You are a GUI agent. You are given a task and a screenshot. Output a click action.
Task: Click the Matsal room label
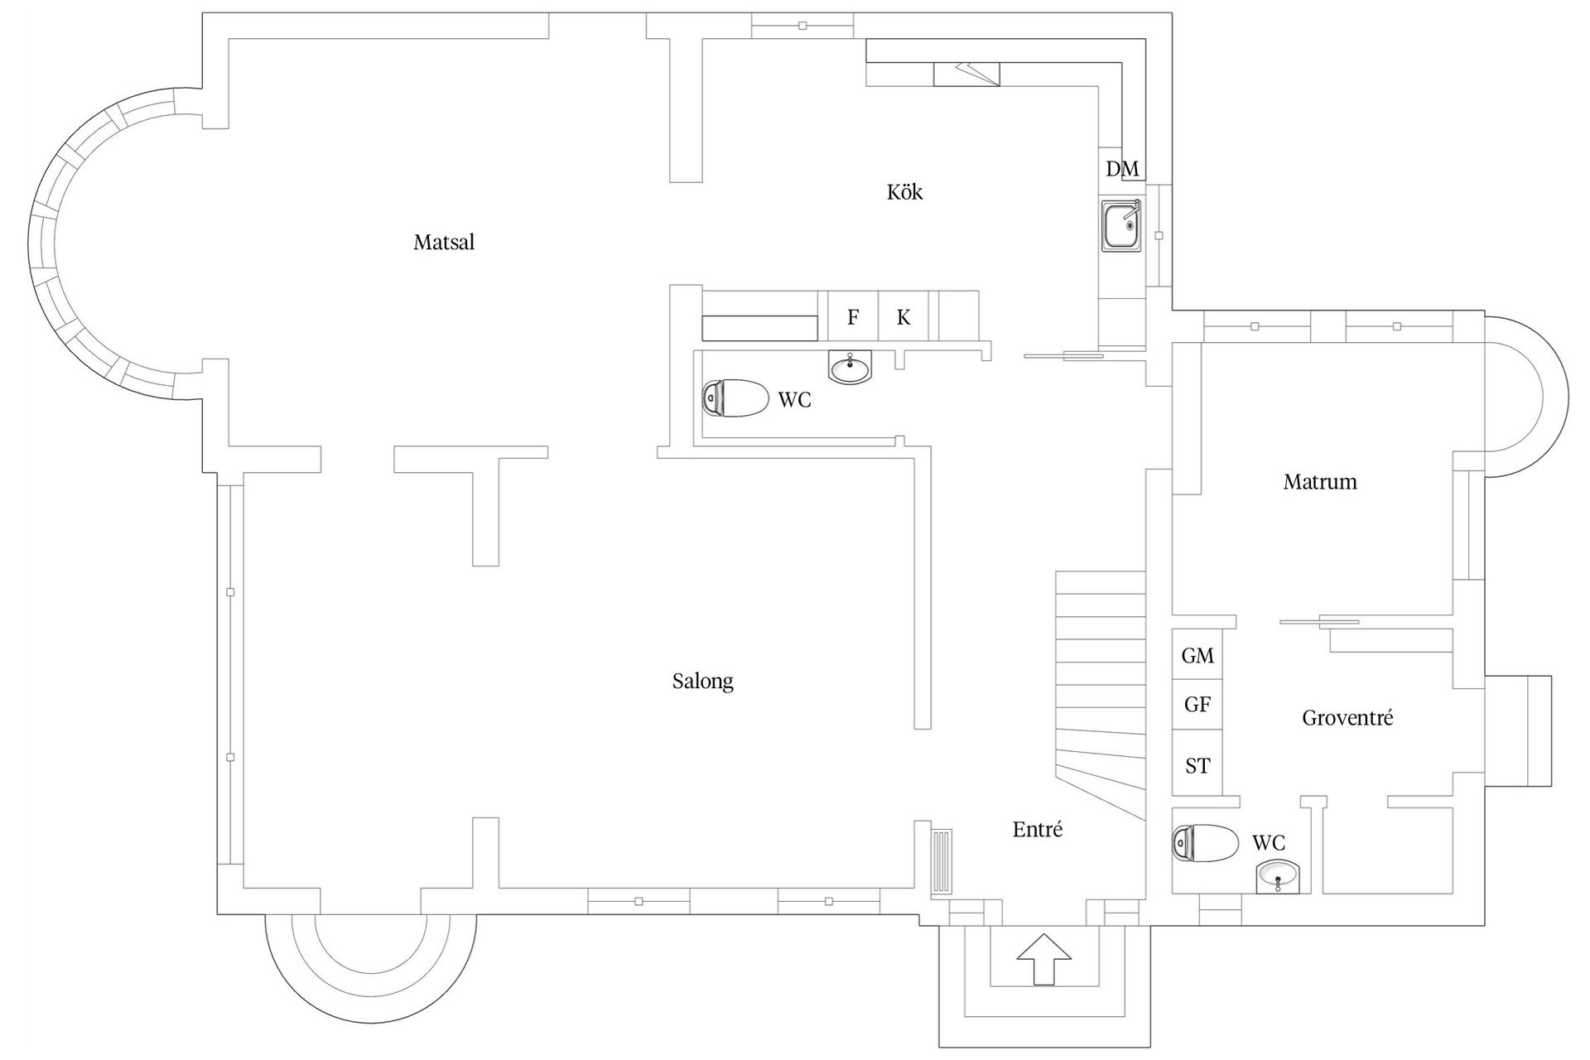point(444,243)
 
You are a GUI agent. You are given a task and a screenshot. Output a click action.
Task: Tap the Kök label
point(904,192)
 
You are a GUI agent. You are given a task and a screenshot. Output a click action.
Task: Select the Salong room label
point(702,682)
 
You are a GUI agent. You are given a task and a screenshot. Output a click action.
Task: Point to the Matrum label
point(1320,482)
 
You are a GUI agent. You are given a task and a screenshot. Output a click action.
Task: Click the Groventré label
point(1347,718)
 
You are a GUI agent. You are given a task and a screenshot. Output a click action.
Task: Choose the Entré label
point(1037,830)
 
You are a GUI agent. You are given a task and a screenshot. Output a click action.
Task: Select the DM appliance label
point(1122,169)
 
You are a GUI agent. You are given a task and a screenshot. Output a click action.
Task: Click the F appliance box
point(853,316)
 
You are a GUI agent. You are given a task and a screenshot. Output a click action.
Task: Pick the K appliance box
point(903,316)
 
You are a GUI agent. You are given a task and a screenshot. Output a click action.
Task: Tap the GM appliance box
point(1197,656)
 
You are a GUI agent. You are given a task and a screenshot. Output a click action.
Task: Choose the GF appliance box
point(1197,705)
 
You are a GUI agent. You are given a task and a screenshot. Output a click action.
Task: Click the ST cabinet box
point(1197,766)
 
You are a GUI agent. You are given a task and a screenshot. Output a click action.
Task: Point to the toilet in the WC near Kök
point(735,398)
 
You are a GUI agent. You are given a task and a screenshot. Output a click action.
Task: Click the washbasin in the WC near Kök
point(850,366)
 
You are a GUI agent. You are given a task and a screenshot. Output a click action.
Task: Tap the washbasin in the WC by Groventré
point(1279,876)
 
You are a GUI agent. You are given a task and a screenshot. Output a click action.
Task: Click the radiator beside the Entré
point(942,862)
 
